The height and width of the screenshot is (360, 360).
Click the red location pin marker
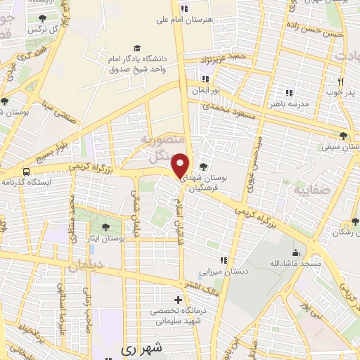tap(181, 165)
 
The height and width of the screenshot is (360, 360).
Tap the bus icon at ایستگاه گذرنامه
tap(27, 171)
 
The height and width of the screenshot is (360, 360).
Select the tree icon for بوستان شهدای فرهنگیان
tap(203, 167)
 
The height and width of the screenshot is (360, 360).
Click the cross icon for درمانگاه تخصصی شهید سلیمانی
tap(178, 300)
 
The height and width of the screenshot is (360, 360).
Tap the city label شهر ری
tap(141, 347)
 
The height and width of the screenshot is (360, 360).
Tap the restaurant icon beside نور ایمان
tap(205, 79)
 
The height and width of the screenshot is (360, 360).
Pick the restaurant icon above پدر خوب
tap(340, 80)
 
